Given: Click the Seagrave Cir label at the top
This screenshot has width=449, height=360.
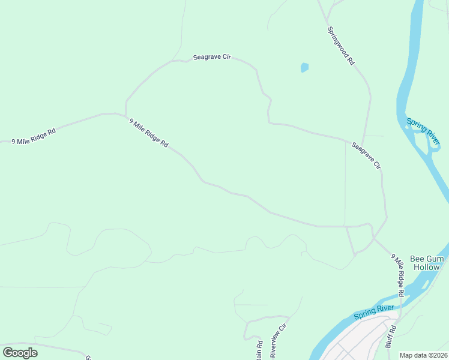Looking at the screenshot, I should coord(212,58).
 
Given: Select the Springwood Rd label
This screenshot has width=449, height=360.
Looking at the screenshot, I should coord(341,46).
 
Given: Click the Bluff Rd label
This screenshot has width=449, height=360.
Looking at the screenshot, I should coord(391,337).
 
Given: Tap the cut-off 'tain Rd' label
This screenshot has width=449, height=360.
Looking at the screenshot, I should coord(260,350).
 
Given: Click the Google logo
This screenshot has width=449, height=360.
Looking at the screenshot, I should coord(20,352).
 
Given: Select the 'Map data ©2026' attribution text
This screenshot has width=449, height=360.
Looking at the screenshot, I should coord(423,355).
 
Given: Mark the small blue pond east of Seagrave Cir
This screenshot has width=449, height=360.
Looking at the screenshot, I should coord(304,68).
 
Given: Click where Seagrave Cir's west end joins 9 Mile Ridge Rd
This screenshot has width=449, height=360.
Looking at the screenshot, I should coord(125,113).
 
